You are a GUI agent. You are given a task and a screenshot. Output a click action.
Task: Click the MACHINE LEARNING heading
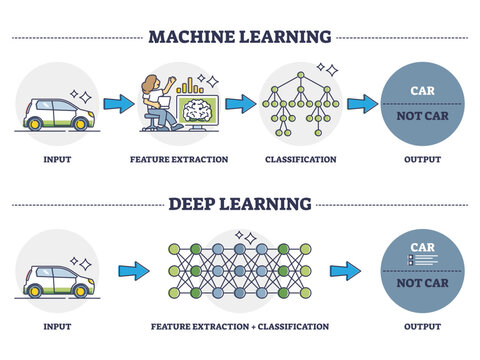[x=239, y=37]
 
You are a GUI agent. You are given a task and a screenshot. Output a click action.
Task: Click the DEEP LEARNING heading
[x=239, y=204]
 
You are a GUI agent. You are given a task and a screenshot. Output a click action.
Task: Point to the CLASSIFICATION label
[x=300, y=159]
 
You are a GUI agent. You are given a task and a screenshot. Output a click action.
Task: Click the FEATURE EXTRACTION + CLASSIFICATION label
[x=241, y=326]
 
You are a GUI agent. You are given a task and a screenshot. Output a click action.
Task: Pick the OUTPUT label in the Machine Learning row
[x=420, y=159]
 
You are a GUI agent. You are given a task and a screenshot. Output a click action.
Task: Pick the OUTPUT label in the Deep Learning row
[x=420, y=326]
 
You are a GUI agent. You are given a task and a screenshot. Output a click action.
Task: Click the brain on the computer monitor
[x=199, y=110]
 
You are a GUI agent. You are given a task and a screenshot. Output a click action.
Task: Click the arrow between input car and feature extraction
[x=118, y=102]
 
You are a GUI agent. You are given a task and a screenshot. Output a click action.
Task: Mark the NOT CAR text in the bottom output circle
[x=421, y=283]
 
